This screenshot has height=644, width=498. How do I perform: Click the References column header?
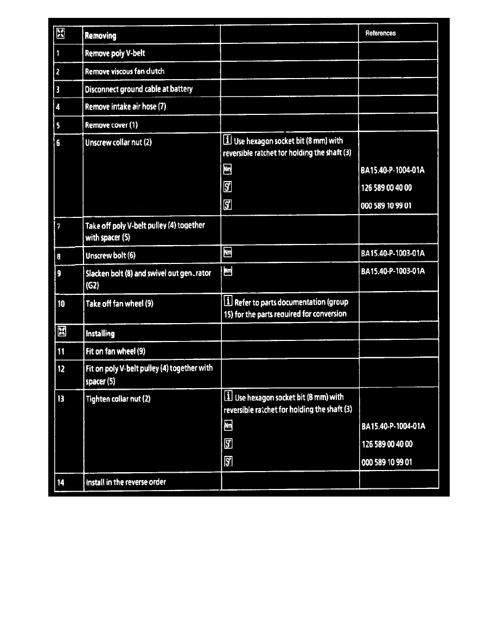380,33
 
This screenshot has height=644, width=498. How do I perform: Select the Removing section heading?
100,36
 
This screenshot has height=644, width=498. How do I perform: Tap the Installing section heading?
100,333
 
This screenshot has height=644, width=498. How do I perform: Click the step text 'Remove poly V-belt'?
114,54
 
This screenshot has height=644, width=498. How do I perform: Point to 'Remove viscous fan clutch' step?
125,72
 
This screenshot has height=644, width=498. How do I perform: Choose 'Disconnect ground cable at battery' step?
139,89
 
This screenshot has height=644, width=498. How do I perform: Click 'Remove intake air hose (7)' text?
126,106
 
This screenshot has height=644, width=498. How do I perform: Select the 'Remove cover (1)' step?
112,125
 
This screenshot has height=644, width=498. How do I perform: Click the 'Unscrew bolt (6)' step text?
110,255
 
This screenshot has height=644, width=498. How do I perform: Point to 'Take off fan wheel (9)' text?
119,304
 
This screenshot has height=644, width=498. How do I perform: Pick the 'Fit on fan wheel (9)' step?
116,351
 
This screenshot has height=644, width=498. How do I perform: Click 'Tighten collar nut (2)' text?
118,399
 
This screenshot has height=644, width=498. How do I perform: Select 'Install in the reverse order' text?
126,482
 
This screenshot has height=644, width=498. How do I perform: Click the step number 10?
61,304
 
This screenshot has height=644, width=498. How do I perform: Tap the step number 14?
61,482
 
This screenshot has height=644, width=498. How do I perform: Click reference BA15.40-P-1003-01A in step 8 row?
392,253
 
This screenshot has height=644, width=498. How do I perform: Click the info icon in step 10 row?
228,302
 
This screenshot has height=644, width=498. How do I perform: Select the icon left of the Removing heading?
61,35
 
